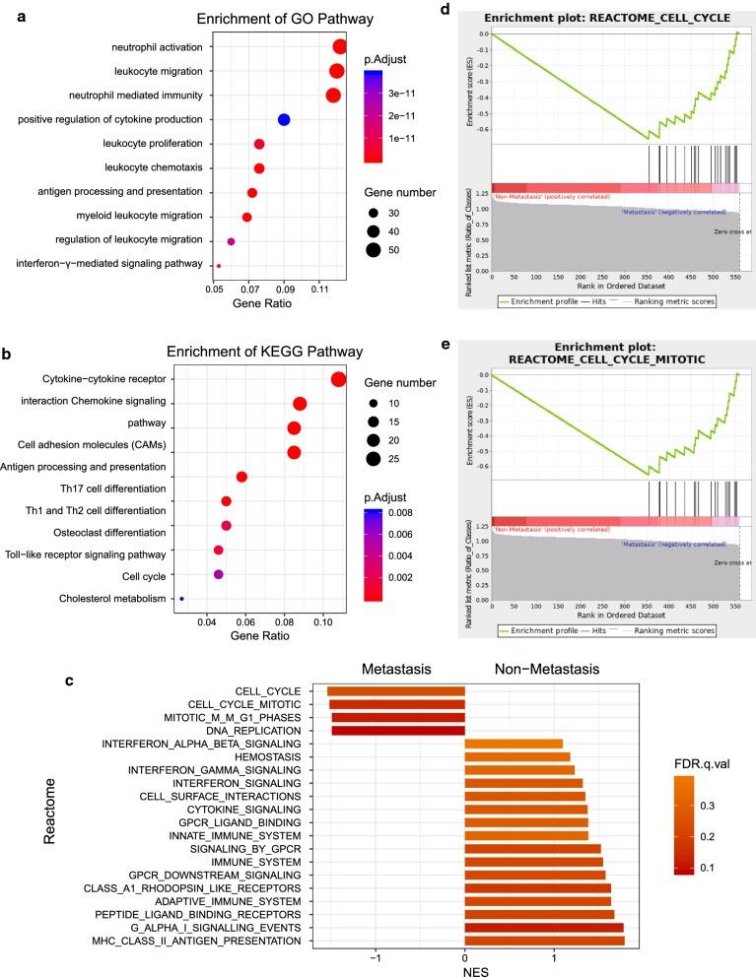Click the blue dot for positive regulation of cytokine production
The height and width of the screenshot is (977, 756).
[284, 120]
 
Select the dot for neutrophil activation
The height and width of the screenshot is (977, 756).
[340, 47]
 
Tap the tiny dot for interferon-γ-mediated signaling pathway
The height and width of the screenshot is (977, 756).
[219, 265]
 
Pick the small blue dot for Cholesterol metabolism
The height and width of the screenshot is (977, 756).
[181, 598]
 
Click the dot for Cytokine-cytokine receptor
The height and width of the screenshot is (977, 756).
[338, 380]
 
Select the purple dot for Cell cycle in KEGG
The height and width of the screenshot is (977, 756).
[219, 574]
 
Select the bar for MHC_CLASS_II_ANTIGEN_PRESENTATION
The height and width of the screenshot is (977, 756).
[544, 941]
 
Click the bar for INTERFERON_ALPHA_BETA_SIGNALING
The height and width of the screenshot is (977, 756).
[514, 744]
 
